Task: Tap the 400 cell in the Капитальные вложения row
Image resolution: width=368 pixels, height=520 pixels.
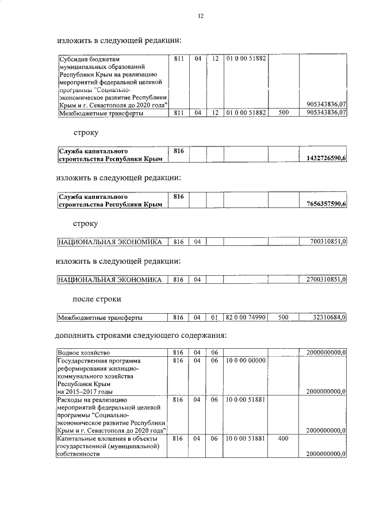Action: pyautogui.click(x=283, y=438)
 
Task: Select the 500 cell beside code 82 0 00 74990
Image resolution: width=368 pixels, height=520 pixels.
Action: pyautogui.click(x=283, y=317)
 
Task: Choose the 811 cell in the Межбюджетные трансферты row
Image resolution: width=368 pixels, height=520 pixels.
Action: pyautogui.click(x=179, y=113)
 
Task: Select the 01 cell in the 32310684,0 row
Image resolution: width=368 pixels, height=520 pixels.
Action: pyautogui.click(x=213, y=317)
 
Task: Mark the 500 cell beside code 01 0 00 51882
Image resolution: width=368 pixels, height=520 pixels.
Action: pyautogui.click(x=283, y=113)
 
